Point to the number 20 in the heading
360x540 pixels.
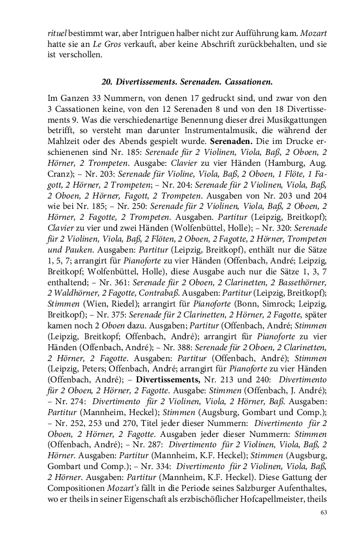(x=106, y=82)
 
